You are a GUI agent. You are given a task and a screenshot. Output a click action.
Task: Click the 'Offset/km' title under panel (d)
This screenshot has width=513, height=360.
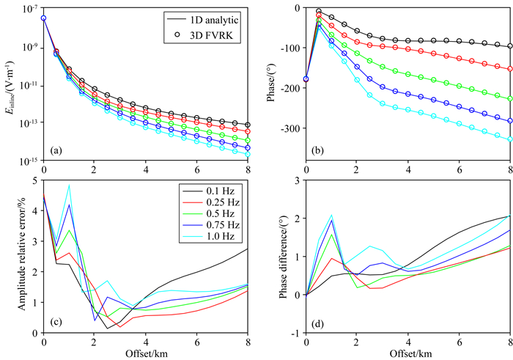click(408, 354)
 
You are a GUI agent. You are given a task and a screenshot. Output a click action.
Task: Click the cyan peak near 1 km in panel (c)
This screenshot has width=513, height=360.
click(69, 185)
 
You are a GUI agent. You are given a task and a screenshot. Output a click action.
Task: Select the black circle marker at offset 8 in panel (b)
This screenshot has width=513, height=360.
click(509, 46)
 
